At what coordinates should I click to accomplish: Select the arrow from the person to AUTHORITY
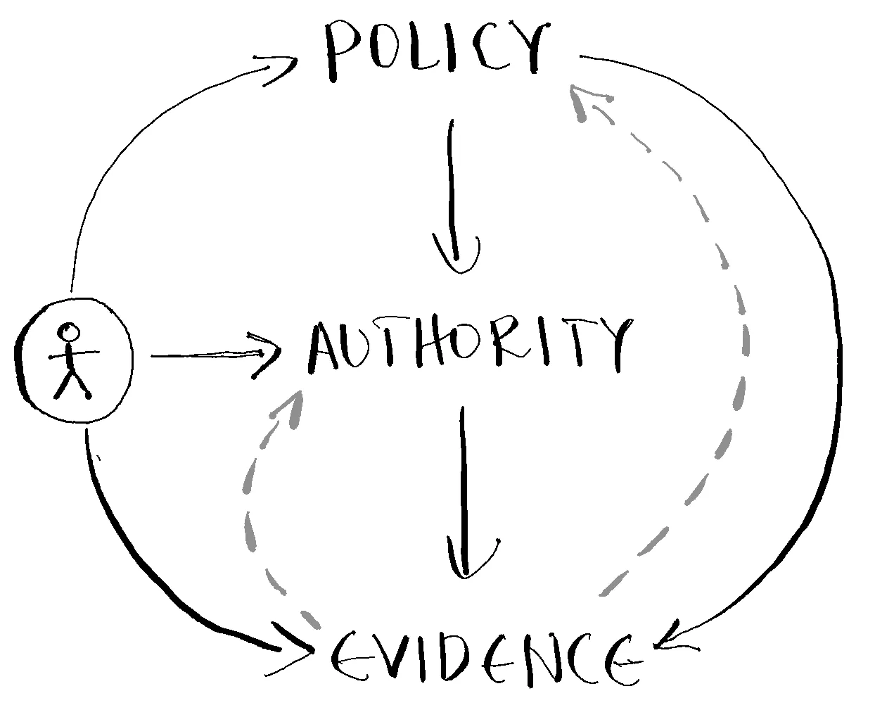[211, 355]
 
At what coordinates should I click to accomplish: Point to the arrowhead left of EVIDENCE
[299, 647]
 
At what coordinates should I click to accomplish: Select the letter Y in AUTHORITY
[608, 345]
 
